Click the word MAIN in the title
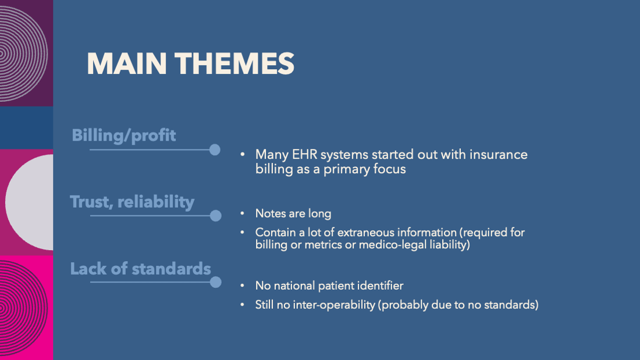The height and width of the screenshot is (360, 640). point(127,63)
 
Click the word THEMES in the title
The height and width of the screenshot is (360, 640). point(234,63)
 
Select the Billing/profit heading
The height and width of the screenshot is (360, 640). point(124,136)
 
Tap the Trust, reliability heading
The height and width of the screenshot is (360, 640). point(132,202)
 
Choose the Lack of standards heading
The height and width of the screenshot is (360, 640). point(140,269)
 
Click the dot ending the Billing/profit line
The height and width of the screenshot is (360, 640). point(215,150)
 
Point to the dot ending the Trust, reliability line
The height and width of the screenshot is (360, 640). point(215,216)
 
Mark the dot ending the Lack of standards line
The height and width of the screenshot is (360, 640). point(215,282)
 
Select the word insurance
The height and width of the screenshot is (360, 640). point(499,155)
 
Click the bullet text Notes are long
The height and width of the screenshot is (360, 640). point(293,213)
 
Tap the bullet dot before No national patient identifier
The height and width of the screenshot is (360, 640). point(243,286)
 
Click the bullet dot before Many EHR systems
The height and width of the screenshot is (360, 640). point(243,155)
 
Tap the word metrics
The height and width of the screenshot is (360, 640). point(323,245)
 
